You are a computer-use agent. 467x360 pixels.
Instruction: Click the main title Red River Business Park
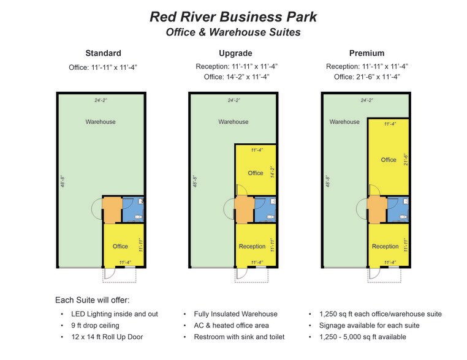[233, 17]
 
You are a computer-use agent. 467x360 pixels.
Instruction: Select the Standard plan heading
[103, 53]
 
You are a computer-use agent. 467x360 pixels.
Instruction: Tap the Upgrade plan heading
[235, 53]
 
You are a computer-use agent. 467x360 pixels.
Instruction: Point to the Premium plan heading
[366, 53]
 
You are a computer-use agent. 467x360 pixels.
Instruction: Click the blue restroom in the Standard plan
[133, 209]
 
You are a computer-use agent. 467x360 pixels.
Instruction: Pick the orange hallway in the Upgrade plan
[244, 209]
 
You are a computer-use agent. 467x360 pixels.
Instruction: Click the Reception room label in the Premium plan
[385, 246]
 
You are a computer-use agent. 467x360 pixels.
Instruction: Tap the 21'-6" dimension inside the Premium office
[405, 159]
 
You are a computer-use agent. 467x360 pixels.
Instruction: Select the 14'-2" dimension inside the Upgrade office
[272, 172]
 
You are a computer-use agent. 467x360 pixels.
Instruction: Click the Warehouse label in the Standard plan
[101, 122]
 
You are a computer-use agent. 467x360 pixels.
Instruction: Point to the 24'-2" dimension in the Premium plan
[366, 100]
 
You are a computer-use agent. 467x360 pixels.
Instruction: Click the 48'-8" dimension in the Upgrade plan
[195, 181]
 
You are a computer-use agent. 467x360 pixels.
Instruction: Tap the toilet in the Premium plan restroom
[403, 217]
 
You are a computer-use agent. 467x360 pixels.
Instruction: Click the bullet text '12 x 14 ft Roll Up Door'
[107, 337]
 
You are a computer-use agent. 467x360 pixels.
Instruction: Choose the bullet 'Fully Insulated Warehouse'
[235, 314]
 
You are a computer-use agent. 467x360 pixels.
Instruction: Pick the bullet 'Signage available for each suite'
[369, 326]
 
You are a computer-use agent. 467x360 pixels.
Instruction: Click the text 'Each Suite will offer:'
[93, 300]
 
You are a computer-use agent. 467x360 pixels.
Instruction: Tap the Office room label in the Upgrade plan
[255, 173]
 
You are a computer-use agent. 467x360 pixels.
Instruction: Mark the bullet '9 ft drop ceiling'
[95, 326]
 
